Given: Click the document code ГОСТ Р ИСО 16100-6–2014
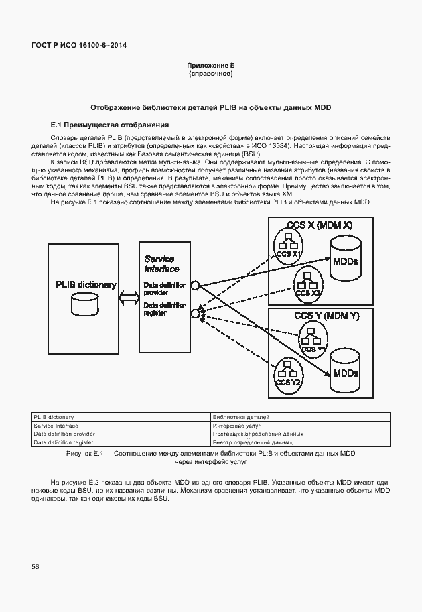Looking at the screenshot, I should coord(79,45).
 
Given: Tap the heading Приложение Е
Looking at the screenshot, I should coord(210,66).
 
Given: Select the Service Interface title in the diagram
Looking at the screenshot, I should coord(161,263).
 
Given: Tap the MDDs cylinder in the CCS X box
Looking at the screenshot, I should coord(345,260).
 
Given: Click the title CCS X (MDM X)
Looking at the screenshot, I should coord(319,225).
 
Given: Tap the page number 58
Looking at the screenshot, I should coord(35,567).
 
